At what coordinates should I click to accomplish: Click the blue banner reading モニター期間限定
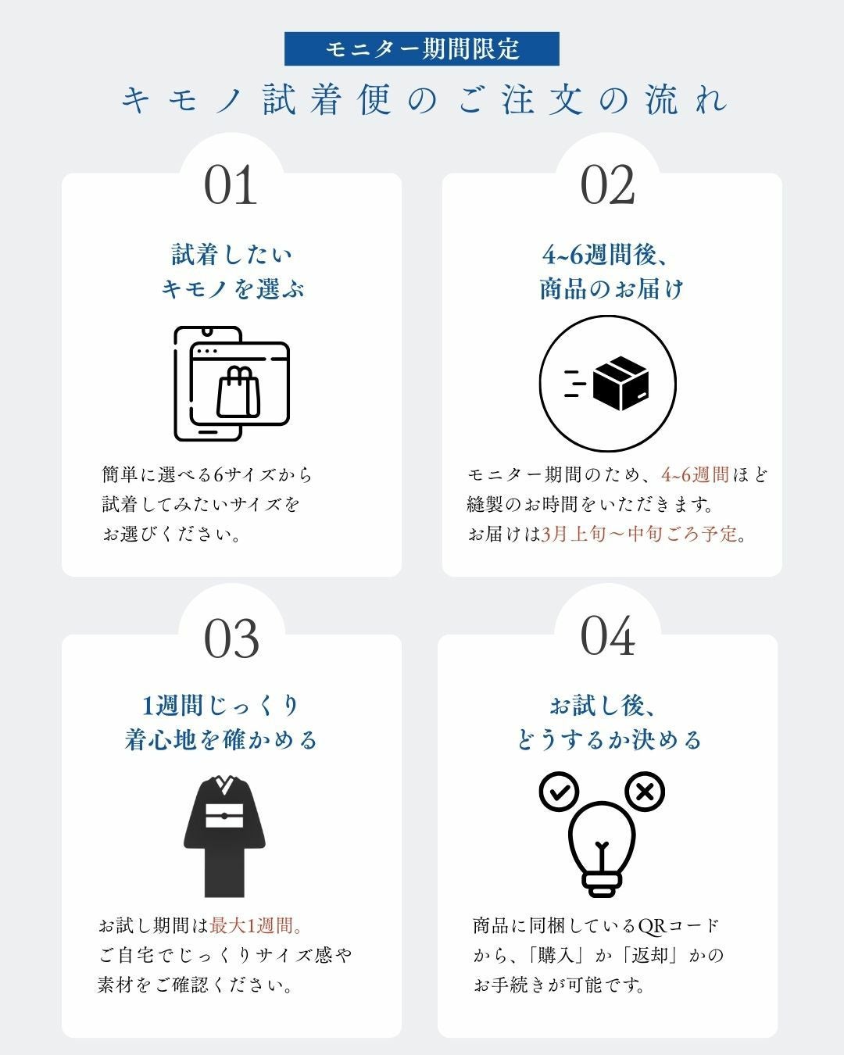(x=422, y=48)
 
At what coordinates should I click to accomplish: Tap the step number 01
(x=231, y=185)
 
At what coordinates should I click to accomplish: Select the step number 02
(x=608, y=185)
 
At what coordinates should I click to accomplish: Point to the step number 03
(x=231, y=638)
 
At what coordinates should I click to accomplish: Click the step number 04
(x=608, y=635)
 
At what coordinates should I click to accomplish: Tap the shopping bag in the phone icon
(x=238, y=392)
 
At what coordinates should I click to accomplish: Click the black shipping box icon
(x=620, y=384)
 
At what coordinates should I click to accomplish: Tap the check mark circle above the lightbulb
(x=559, y=792)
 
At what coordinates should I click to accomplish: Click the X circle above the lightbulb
(x=645, y=792)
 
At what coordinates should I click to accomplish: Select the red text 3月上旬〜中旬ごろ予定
(x=639, y=534)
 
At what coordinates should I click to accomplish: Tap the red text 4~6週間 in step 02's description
(x=695, y=474)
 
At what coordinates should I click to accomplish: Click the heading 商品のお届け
(x=611, y=288)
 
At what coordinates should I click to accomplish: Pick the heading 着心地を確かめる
(x=220, y=740)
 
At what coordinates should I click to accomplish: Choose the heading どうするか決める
(x=609, y=740)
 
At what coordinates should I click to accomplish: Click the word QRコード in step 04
(x=679, y=926)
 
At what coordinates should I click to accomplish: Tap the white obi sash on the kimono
(x=224, y=816)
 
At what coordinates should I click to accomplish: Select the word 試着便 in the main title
(x=327, y=100)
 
